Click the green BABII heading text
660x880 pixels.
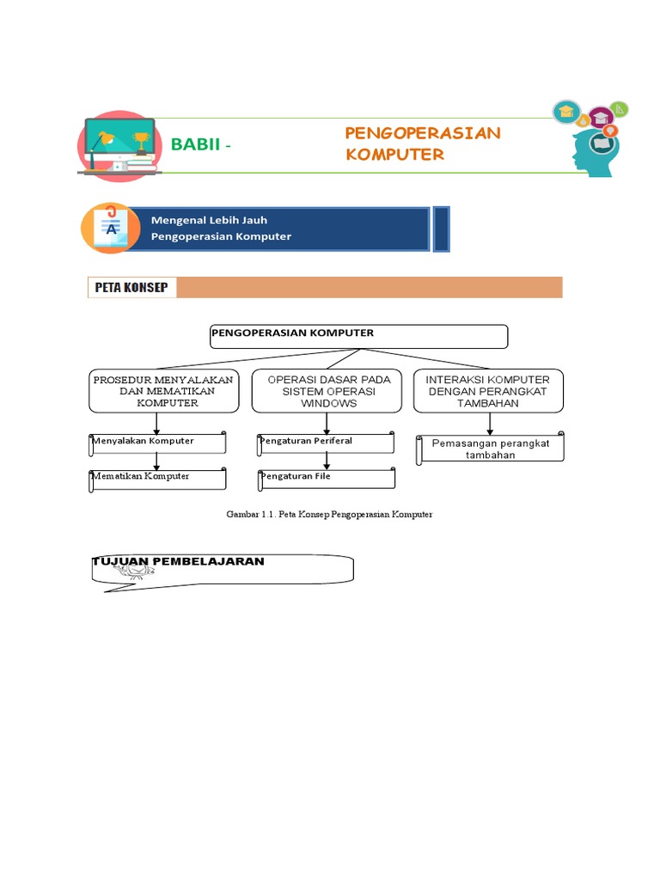coord(197,144)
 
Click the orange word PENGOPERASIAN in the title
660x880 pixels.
coord(422,133)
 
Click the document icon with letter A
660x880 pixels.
coord(110,229)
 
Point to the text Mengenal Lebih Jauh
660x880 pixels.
coord(209,221)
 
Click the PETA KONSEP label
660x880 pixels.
coord(132,288)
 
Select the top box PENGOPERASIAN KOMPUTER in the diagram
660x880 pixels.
coord(358,336)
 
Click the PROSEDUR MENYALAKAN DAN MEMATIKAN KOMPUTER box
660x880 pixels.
coord(162,391)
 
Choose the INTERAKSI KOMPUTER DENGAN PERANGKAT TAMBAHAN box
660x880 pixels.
coord(488,391)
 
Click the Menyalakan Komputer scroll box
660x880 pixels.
coord(158,443)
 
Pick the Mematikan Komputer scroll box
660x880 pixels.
coord(158,478)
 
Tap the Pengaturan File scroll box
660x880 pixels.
coord(327,478)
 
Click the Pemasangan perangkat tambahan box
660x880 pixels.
coord(491,449)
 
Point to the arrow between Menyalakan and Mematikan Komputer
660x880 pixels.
coord(156,461)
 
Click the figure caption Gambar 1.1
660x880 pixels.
coord(329,514)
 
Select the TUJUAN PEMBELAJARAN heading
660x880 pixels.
coord(178,562)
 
